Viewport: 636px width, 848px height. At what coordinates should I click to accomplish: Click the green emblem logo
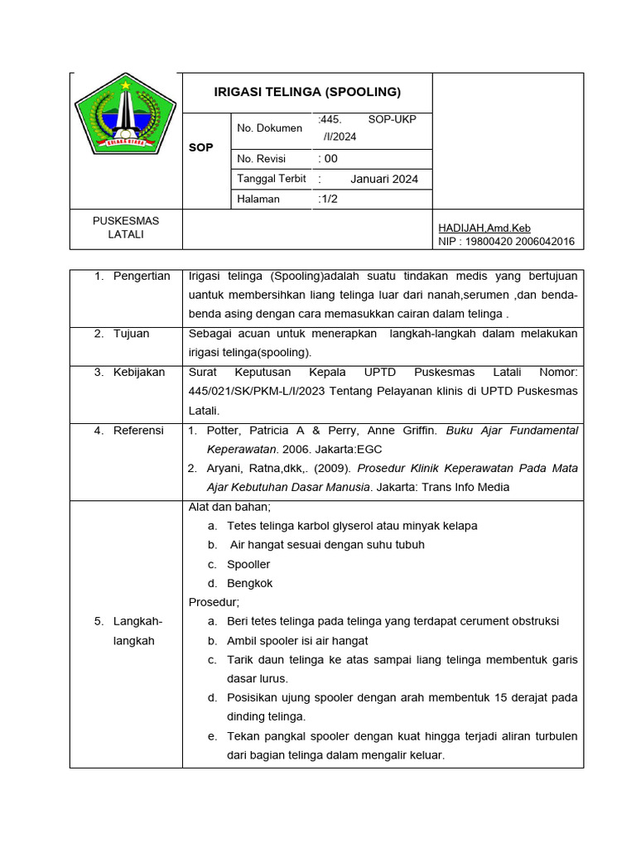pyautogui.click(x=125, y=119)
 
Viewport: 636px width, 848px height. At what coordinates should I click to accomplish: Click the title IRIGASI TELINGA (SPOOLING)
pyautogui.click(x=307, y=92)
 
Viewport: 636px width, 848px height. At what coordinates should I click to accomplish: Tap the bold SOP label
pyautogui.click(x=200, y=147)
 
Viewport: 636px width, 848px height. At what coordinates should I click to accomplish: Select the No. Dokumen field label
pyautogui.click(x=269, y=128)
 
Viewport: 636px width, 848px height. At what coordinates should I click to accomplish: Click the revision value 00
pyautogui.click(x=330, y=159)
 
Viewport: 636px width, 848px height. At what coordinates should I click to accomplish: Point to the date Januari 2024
pyautogui.click(x=384, y=179)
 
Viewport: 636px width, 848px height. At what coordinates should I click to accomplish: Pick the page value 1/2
pyautogui.click(x=329, y=199)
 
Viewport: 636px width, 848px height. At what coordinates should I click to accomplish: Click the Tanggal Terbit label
pyautogui.click(x=271, y=179)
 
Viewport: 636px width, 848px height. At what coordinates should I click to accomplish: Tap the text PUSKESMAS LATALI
pyautogui.click(x=126, y=228)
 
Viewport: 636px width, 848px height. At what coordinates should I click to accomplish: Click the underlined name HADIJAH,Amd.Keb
pyautogui.click(x=484, y=229)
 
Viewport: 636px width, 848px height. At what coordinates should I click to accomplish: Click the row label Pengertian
pyautogui.click(x=142, y=277)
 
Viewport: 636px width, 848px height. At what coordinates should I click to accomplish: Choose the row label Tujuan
pyautogui.click(x=132, y=334)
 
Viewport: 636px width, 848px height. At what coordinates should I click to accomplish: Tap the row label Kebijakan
pyautogui.click(x=139, y=373)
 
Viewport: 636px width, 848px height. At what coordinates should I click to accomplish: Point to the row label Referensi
pyautogui.click(x=138, y=431)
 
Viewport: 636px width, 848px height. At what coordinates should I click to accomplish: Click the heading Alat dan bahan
pyautogui.click(x=229, y=507)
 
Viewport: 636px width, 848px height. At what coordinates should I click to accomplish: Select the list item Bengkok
pyautogui.click(x=249, y=583)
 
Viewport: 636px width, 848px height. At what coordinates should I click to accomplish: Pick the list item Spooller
pyautogui.click(x=248, y=564)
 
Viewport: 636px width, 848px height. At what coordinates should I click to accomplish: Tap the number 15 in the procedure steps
pyautogui.click(x=500, y=698)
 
